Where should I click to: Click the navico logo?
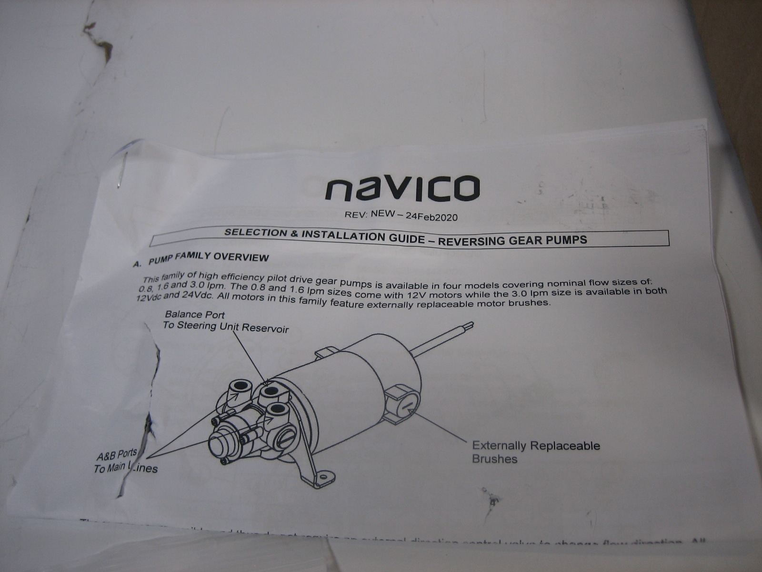click(x=401, y=188)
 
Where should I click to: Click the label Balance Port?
click(x=194, y=315)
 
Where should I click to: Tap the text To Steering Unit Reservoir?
click(x=225, y=327)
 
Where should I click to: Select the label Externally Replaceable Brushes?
click(x=535, y=452)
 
